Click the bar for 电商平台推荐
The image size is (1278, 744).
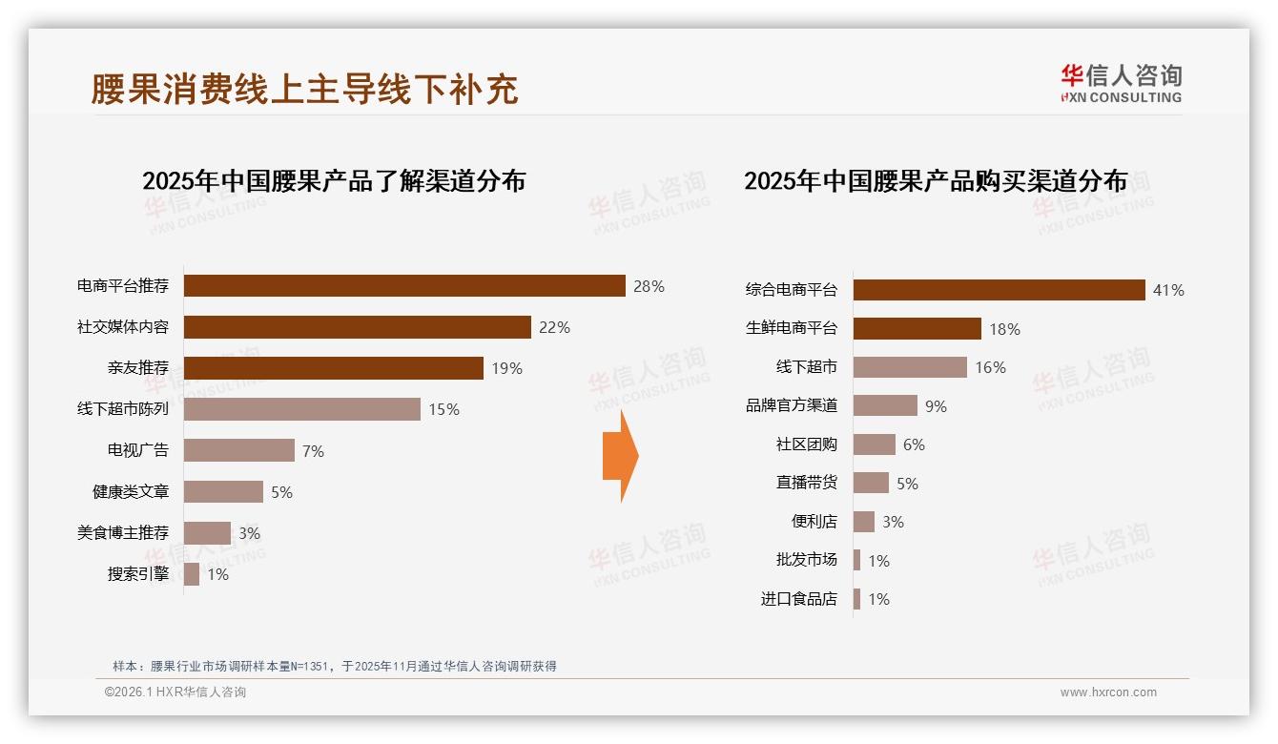point(404,286)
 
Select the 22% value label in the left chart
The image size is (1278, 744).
point(554,327)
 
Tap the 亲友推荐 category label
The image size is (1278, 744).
point(138,368)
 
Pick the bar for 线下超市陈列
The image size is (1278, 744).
point(301,409)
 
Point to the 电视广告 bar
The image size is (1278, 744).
point(238,450)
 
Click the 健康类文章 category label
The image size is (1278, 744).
point(131,492)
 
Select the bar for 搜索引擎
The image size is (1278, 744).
point(192,574)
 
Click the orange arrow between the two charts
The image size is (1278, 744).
point(620,456)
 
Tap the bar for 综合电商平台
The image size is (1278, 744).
point(999,290)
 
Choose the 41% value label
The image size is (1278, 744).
point(1168,290)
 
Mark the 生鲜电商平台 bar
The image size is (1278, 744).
point(917,329)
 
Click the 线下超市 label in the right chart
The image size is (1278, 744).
point(807,367)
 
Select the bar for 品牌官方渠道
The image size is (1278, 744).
point(885,405)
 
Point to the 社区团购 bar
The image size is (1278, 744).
point(875,444)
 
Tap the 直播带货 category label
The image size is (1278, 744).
point(807,483)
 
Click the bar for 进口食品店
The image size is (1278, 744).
point(857,599)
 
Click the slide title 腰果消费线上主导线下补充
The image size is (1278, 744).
point(305,89)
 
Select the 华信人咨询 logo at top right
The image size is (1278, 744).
point(1121,83)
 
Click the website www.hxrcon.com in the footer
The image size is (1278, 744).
point(1108,692)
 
